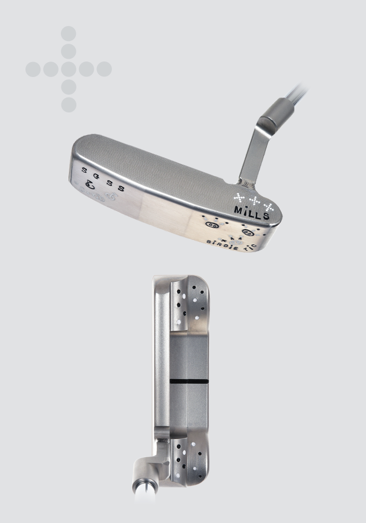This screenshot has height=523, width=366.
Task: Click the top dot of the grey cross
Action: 69,34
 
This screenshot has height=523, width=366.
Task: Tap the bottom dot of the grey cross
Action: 69,105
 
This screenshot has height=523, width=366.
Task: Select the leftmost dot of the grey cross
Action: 33,69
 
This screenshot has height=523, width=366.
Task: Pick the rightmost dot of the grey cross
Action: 104,69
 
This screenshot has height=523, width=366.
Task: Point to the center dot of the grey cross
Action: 69,69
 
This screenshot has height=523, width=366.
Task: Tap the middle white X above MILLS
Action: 254,198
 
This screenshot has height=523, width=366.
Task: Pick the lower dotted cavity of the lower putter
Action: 188,459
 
